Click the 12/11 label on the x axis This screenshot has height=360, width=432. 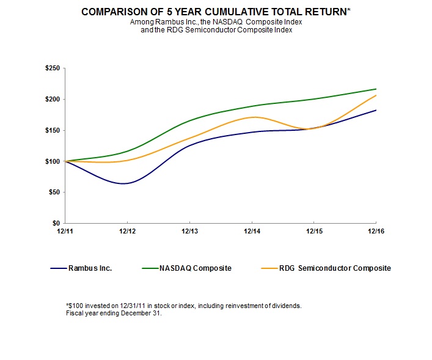pos(65,232)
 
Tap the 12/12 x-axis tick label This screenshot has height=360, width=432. pos(127,232)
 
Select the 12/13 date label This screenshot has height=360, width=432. pos(189,232)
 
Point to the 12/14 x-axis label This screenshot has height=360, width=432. pos(252,232)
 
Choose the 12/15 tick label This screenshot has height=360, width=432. pos(313,232)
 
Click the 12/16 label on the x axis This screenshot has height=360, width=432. pos(375,232)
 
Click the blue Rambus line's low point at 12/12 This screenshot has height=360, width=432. pos(125,183)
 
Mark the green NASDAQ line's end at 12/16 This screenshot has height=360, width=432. pos(375,89)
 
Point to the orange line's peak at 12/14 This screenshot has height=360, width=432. pos(253,117)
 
